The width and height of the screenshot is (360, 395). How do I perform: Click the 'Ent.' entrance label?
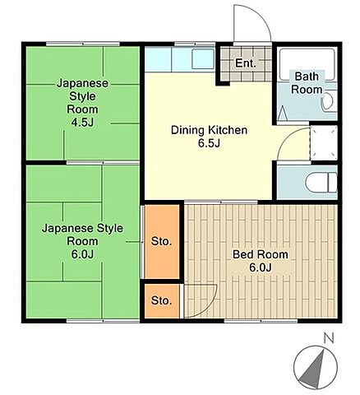pyautogui.click(x=246, y=63)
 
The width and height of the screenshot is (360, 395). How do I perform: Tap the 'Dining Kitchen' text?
pyautogui.click(x=209, y=130)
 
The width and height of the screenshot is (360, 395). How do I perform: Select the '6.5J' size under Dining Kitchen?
pyautogui.click(x=210, y=143)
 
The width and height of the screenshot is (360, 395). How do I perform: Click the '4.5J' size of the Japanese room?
pyautogui.click(x=82, y=123)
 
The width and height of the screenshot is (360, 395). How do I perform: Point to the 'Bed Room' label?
pyautogui.click(x=261, y=254)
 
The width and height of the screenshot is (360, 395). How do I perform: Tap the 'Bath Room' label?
pyautogui.click(x=307, y=83)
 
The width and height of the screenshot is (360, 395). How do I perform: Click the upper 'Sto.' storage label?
pyautogui.click(x=161, y=242)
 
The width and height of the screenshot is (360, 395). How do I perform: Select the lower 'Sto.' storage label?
pyautogui.click(x=161, y=301)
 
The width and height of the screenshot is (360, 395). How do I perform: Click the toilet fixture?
pyautogui.click(x=321, y=182)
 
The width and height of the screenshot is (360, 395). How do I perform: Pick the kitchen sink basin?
pyautogui.click(x=203, y=59)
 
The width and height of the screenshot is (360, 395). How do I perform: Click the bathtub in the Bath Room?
pyautogui.click(x=307, y=65)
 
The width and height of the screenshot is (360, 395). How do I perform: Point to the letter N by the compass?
pyautogui.click(x=329, y=338)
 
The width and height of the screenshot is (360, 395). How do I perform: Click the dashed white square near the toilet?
pyautogui.click(x=324, y=143)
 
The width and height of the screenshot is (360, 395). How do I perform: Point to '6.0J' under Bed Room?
pyautogui.click(x=261, y=267)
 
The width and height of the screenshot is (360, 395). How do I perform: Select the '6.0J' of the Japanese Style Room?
pyautogui.click(x=82, y=254)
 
